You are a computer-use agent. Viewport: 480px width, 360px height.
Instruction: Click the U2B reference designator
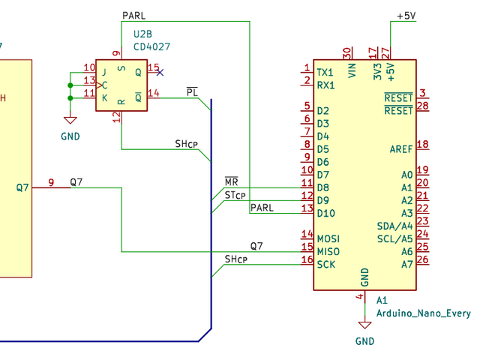click(143, 34)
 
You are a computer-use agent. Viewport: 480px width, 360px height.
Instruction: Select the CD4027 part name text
click(151, 46)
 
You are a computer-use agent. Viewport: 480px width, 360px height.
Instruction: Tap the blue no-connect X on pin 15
click(159, 72)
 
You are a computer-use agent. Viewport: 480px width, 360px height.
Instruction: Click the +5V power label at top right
click(406, 16)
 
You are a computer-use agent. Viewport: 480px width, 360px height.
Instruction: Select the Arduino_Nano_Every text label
click(423, 313)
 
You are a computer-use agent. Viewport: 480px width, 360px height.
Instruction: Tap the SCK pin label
click(326, 264)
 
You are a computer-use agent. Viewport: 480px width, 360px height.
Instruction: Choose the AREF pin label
click(401, 148)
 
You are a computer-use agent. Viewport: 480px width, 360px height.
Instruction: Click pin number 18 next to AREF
click(422, 144)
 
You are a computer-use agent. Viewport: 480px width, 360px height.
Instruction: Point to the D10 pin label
click(325, 213)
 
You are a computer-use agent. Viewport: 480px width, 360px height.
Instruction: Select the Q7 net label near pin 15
click(256, 245)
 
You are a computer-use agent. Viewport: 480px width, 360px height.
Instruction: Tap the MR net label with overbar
click(231, 182)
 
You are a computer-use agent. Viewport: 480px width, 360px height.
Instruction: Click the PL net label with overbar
click(192, 92)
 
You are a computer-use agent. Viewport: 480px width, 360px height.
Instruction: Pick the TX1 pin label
click(325, 73)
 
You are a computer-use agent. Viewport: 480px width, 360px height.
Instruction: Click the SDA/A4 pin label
click(394, 226)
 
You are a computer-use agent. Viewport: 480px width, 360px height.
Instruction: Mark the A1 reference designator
click(382, 300)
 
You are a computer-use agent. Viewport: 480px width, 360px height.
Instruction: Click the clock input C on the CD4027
click(104, 85)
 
